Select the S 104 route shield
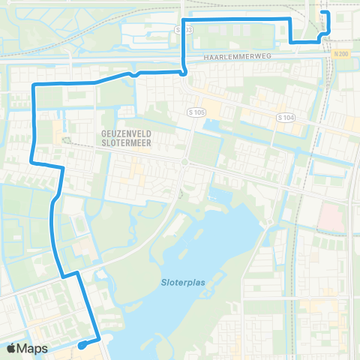(x=285, y=118)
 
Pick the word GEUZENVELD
(x=122, y=129)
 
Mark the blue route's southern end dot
(x=79, y=346)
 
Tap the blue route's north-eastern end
(x=325, y=13)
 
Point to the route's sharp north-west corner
(x=34, y=87)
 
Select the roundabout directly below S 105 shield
(x=184, y=162)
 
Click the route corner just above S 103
(x=184, y=18)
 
